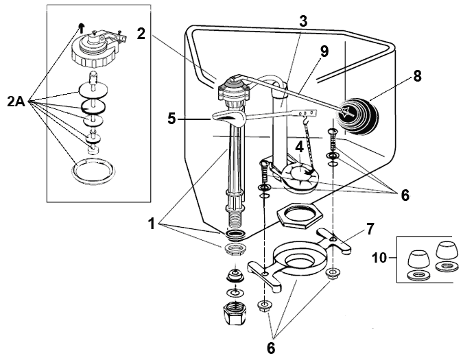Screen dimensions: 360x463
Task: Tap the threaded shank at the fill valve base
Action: click(x=233, y=219)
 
